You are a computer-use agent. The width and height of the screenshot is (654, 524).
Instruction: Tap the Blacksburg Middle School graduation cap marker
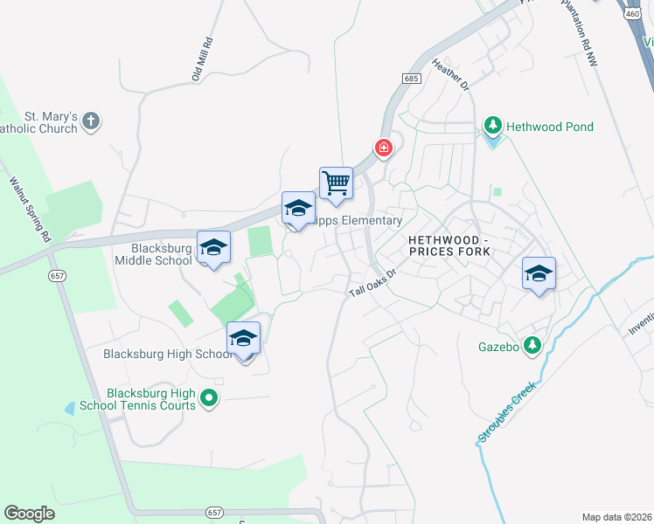pos(213,248)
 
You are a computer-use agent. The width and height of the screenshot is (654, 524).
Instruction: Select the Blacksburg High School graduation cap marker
pos(243,339)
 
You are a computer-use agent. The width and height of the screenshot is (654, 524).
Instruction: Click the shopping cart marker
pos(336,184)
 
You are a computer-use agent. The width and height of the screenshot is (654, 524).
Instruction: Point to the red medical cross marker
pos(383,149)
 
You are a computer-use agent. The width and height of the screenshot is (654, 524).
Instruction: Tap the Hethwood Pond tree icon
pos(493,128)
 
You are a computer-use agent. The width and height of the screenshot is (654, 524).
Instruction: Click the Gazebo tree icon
pos(532,347)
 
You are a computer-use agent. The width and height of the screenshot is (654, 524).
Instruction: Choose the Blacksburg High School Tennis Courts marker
pos(208,399)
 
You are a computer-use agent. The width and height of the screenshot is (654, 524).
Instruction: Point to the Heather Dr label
pos(451,74)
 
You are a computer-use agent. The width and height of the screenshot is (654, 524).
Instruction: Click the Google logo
pos(29,514)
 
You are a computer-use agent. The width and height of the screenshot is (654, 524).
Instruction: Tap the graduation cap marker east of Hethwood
pos(539,273)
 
